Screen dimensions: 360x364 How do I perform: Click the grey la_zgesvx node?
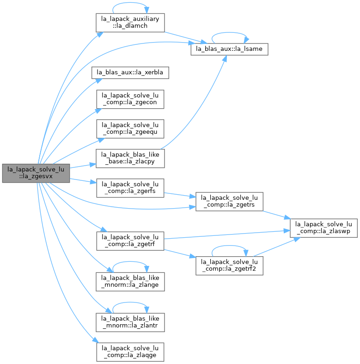(x=36, y=173)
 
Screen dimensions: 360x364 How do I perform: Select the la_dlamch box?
(x=130, y=23)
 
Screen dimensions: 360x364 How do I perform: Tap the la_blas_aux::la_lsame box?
(x=229, y=49)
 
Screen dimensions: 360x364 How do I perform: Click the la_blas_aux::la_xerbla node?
(x=130, y=73)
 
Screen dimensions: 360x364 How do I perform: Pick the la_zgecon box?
(x=130, y=99)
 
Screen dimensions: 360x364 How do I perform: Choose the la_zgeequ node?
(x=130, y=129)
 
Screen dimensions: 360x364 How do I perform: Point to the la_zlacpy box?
(x=130, y=158)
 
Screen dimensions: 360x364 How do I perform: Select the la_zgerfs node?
(x=130, y=188)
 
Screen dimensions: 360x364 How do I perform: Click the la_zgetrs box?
(x=229, y=202)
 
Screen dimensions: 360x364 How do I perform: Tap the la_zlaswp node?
(x=323, y=228)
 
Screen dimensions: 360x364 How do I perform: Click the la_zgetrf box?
(x=130, y=241)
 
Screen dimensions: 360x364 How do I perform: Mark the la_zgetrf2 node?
(x=229, y=266)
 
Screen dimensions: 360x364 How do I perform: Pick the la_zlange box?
(x=130, y=282)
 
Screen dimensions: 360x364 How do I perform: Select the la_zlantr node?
(x=130, y=322)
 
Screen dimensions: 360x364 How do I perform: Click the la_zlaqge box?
(x=130, y=352)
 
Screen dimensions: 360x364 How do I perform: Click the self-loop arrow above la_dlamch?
(x=130, y=3)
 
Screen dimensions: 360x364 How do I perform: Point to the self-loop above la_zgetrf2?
(x=229, y=246)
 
